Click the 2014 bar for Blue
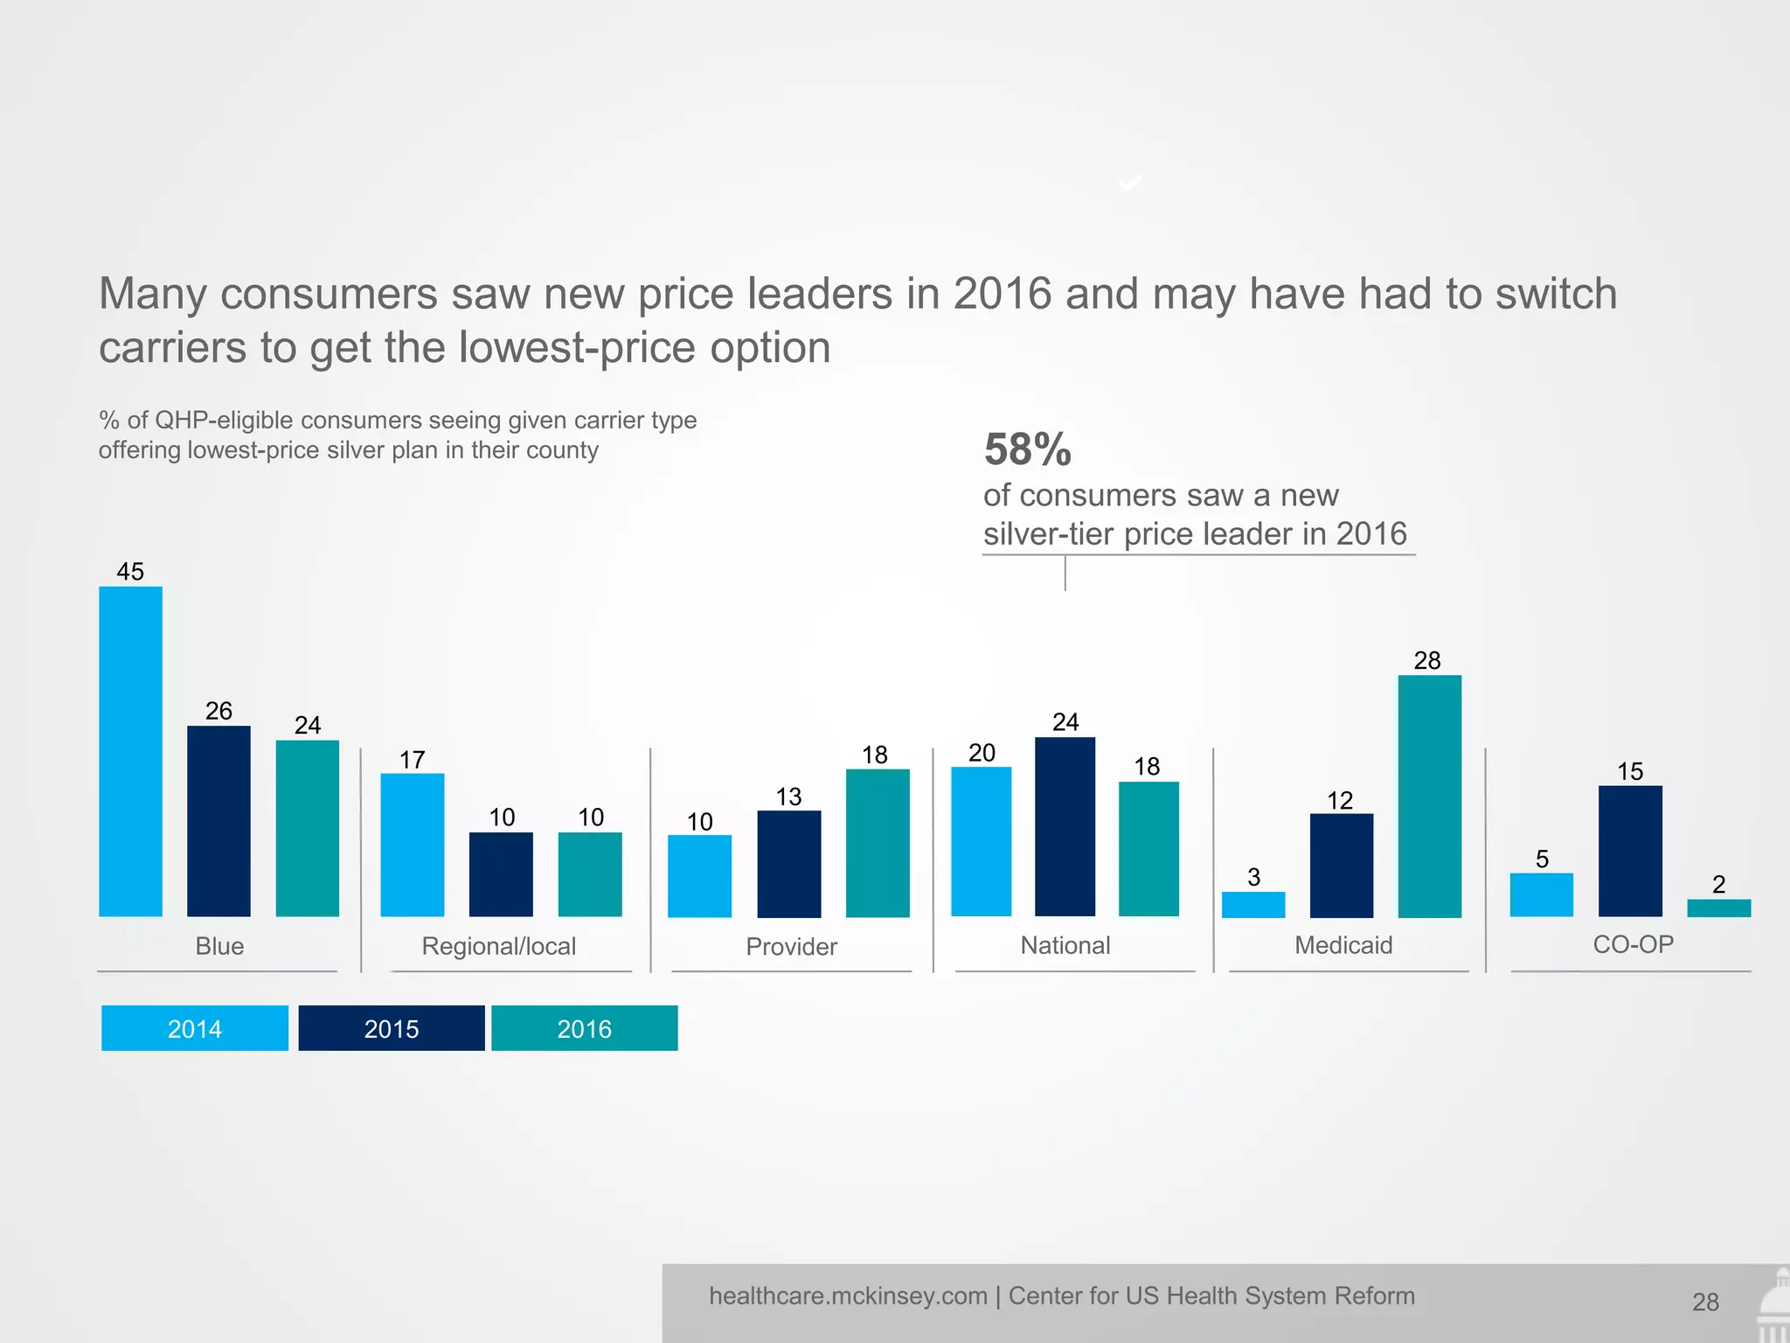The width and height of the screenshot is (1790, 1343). point(130,752)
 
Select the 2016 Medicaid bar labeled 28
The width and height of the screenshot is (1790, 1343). point(1429,796)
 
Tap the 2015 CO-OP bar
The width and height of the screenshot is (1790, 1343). point(1630,851)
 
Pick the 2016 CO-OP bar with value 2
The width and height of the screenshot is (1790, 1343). point(1718,908)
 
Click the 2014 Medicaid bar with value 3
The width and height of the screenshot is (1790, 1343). point(1253,904)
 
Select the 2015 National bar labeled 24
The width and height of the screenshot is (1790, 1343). point(1065,826)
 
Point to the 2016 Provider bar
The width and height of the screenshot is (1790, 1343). point(878,843)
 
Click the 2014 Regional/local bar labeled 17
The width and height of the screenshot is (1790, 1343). point(412,845)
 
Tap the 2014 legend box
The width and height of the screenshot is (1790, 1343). point(195,1028)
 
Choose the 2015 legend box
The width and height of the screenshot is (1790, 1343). point(392,1028)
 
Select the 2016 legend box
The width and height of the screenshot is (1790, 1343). point(585,1028)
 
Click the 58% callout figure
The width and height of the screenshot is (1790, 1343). point(1028,449)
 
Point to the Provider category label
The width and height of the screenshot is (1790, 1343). point(791,946)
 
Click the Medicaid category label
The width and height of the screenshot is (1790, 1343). point(1343,945)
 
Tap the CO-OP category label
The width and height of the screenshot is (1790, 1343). point(1633,944)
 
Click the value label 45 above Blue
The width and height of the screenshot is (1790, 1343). point(130,571)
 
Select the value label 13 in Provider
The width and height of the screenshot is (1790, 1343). point(788,797)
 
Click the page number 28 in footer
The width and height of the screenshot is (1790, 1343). point(1705,1302)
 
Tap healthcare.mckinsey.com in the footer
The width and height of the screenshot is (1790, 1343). point(848,1296)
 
